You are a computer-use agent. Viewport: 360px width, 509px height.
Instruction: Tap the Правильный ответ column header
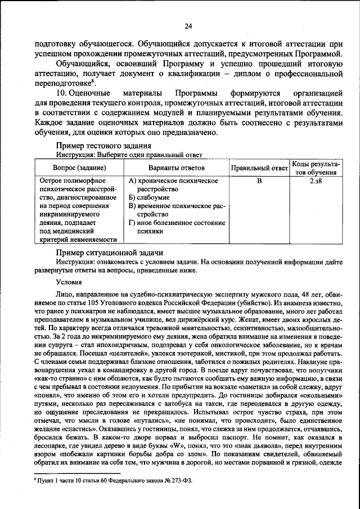point(259,168)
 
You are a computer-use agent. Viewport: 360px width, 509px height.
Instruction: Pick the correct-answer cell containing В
point(259,181)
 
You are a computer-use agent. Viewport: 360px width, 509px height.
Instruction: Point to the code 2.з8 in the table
point(316,181)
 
